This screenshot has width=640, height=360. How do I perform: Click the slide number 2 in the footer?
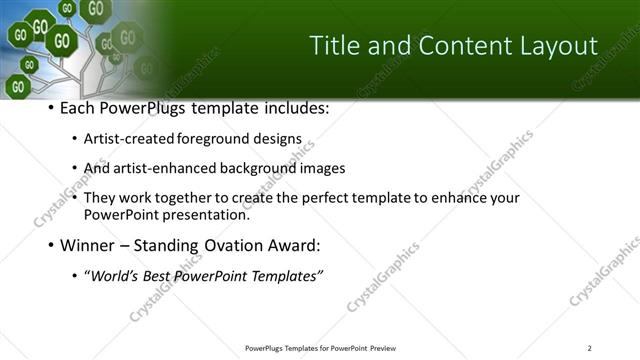[589, 348]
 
